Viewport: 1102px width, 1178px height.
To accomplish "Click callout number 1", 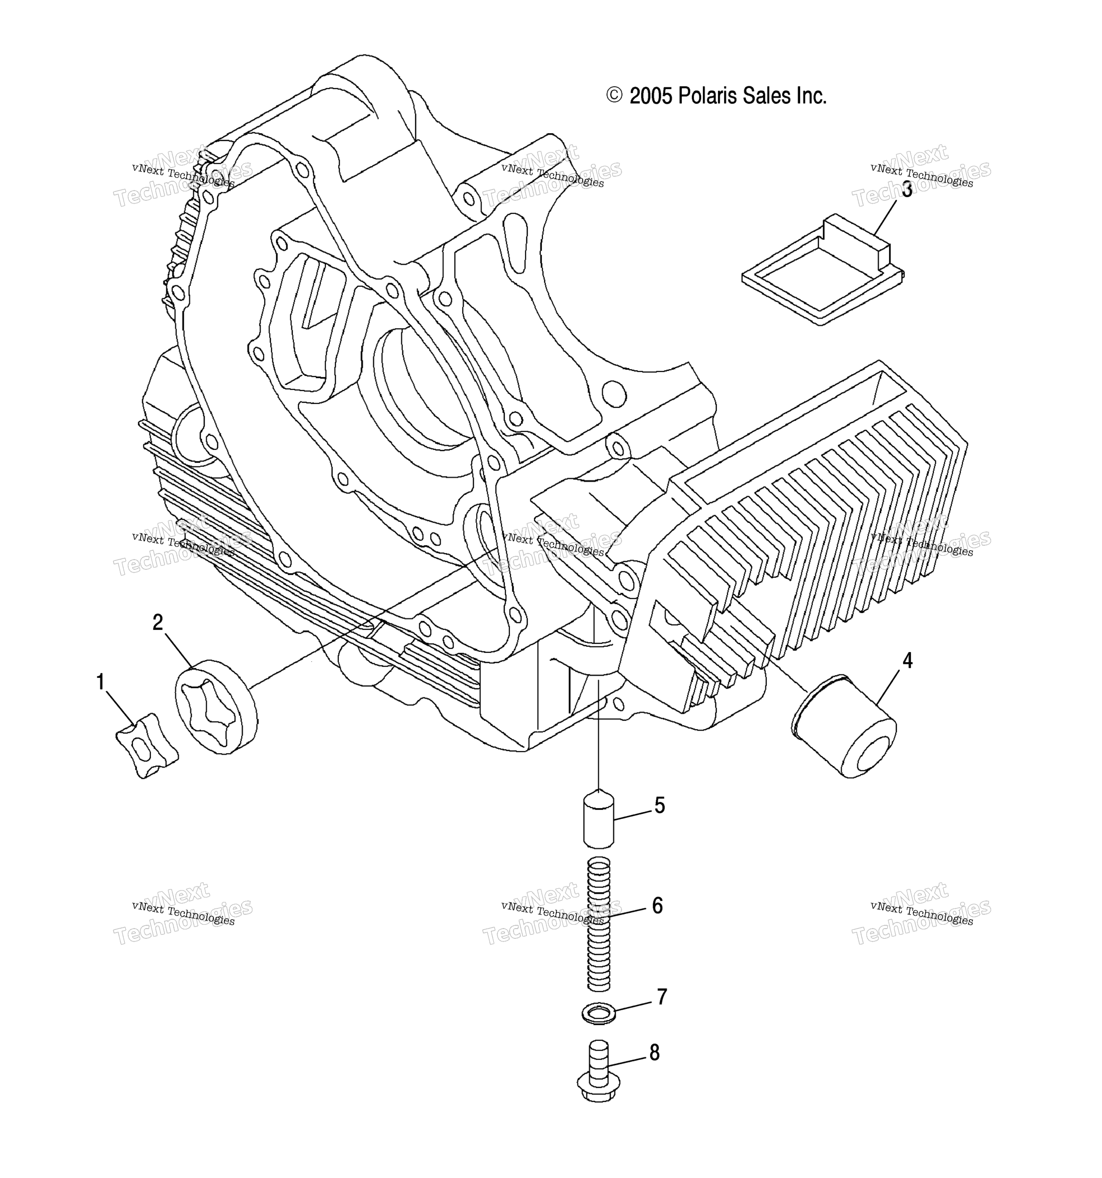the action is pos(101,682).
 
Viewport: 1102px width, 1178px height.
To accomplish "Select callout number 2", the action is pos(158,622).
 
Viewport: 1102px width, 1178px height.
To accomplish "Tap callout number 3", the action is pos(907,190).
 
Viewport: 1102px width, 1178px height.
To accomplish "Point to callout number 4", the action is pos(907,660).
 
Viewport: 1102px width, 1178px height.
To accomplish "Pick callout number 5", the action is pos(660,805).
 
